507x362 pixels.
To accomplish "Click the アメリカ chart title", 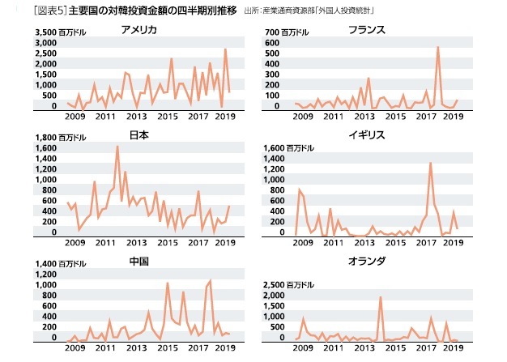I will coord(138,30).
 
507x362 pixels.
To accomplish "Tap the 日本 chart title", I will coord(138,135).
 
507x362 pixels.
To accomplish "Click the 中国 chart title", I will coord(138,262).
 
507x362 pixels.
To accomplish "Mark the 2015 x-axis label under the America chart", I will coord(167,117).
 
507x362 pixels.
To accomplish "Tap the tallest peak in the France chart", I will coord(437,47).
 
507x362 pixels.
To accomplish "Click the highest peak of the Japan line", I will coord(117,147).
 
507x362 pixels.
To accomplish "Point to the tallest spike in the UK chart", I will coord(430,163).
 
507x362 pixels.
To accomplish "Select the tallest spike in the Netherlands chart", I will coord(381,297).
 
